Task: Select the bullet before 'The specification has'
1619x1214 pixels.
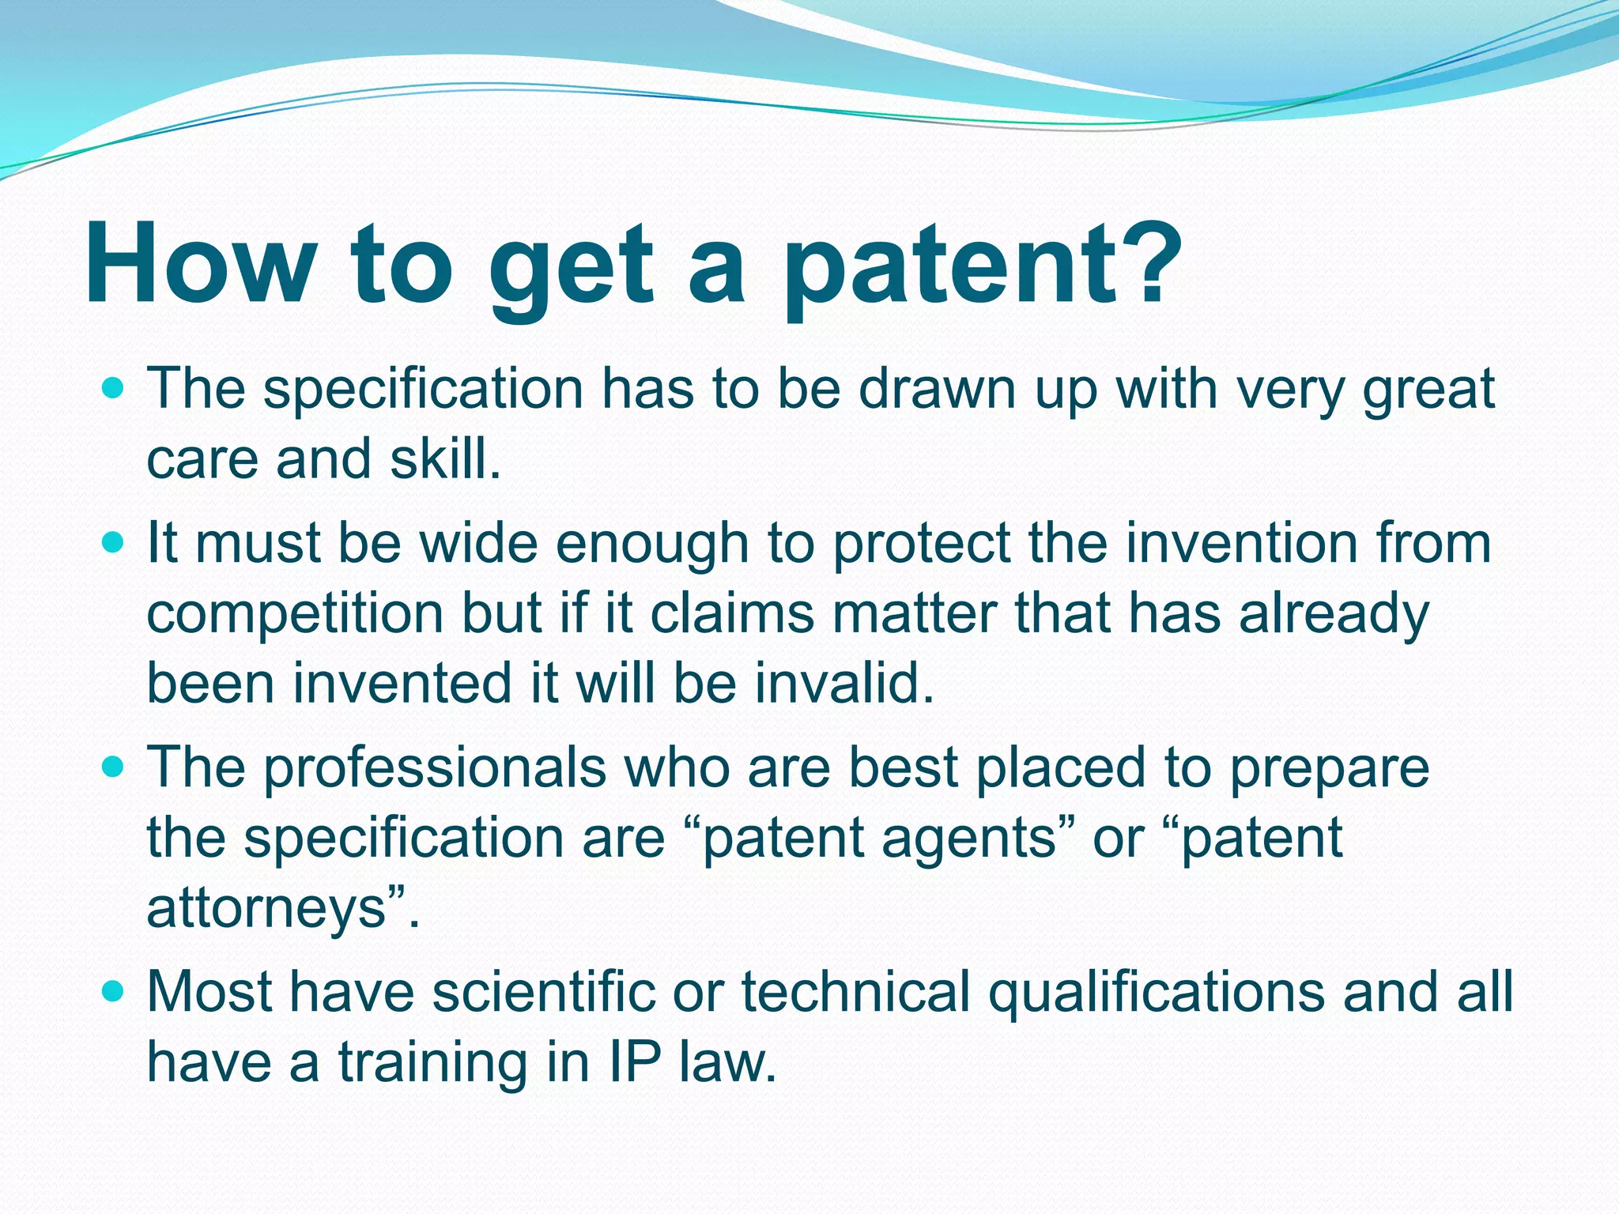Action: (x=115, y=389)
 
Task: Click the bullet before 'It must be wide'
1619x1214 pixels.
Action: (x=115, y=543)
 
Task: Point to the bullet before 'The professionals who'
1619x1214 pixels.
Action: (x=115, y=767)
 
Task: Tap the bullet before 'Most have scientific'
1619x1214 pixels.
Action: (x=115, y=991)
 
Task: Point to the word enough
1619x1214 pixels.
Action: (x=652, y=545)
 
